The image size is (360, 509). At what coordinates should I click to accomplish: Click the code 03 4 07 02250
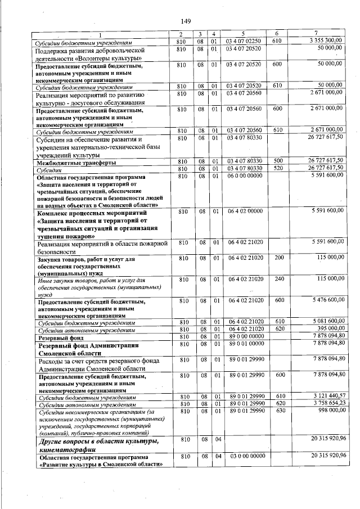(x=244, y=42)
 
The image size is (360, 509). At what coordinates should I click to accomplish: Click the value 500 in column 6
(x=277, y=162)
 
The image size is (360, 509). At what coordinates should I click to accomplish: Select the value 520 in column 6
(x=277, y=168)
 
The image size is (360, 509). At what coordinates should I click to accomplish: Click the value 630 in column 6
(x=277, y=410)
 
